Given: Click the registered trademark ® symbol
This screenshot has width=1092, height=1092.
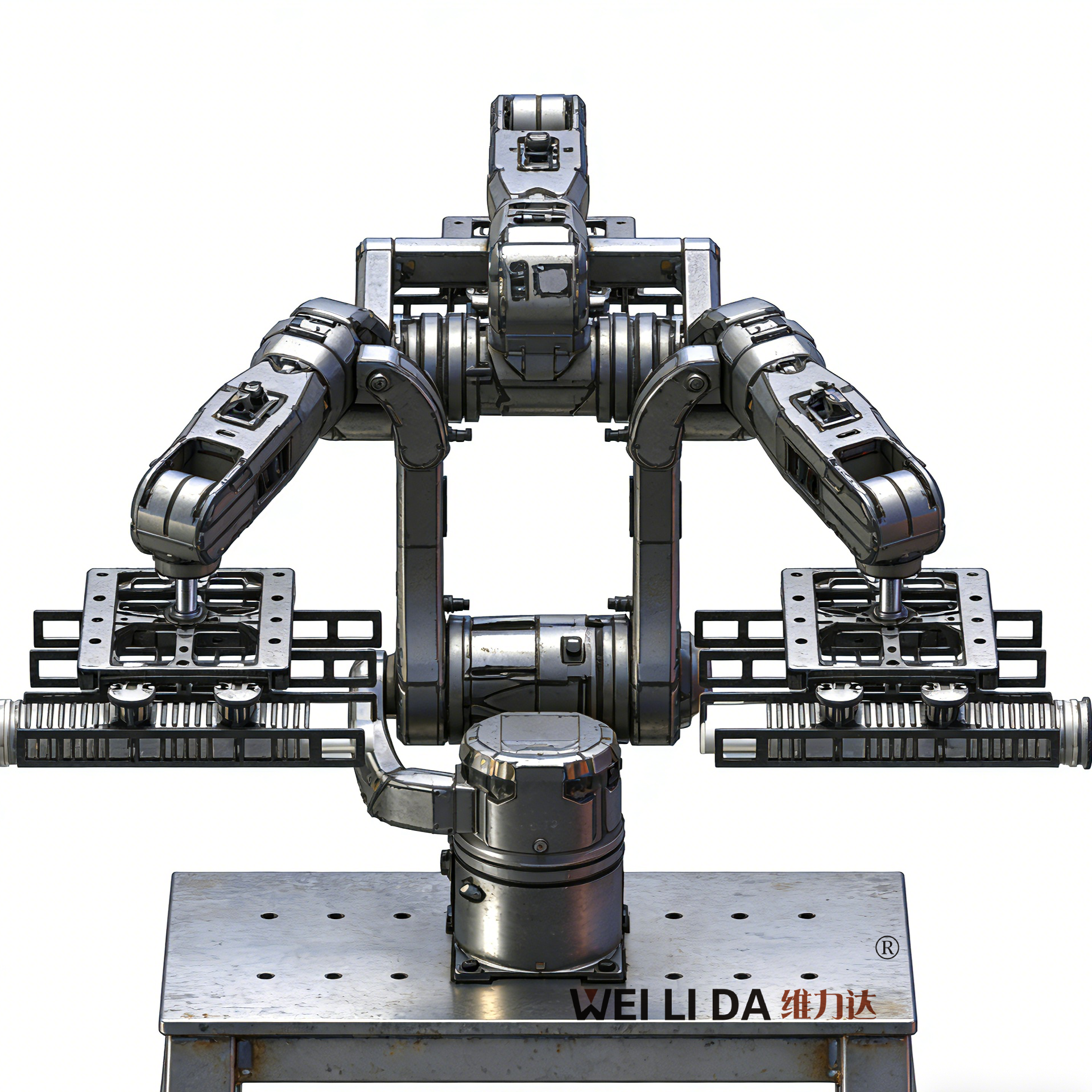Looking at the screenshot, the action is pyautogui.click(x=887, y=948).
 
